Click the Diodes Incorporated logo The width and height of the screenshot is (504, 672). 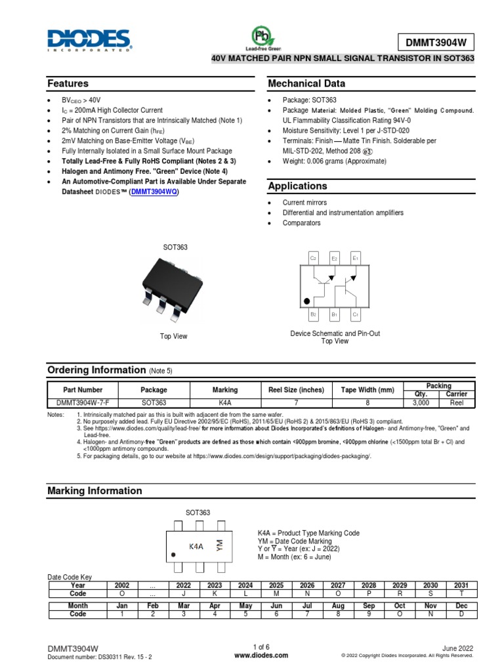(89, 39)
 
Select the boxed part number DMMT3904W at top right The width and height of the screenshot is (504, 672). (436, 43)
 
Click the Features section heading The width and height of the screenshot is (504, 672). (68, 84)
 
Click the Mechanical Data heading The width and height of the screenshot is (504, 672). (306, 84)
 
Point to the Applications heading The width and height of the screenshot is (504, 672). (297, 186)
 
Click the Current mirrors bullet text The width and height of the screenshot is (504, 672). (304, 203)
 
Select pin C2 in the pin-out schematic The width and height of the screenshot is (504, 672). (313, 259)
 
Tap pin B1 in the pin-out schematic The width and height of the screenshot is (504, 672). (334, 315)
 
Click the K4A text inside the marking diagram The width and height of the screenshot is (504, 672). (196, 545)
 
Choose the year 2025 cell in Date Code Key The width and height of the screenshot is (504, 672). (276, 585)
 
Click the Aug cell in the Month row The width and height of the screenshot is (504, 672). (338, 606)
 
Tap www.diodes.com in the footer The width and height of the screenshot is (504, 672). (261, 655)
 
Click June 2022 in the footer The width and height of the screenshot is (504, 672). (457, 647)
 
